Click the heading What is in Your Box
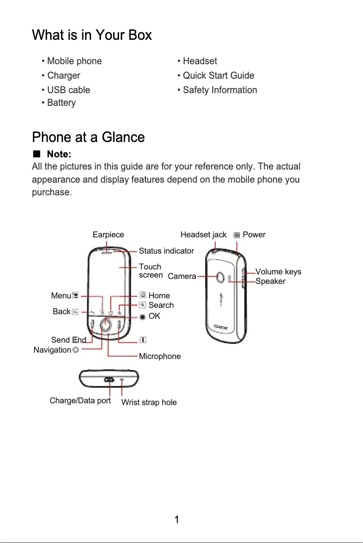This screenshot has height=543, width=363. click(x=92, y=35)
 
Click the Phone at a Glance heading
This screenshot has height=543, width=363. click(x=88, y=137)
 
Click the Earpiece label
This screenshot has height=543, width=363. click(x=108, y=235)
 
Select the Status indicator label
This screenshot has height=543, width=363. click(x=166, y=251)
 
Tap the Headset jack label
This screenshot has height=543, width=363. click(x=203, y=235)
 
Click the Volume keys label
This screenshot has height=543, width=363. click(x=278, y=272)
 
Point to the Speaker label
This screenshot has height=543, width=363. click(x=270, y=281)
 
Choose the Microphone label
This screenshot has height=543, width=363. click(x=159, y=356)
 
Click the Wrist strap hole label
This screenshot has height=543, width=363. click(x=149, y=402)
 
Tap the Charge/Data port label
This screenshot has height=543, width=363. click(x=80, y=401)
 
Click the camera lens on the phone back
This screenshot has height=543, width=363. click(x=221, y=277)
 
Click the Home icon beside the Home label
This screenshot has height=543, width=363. click(x=143, y=295)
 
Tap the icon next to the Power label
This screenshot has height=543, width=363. click(x=237, y=235)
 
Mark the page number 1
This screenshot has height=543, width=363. click(x=177, y=519)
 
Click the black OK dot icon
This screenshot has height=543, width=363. click(x=143, y=316)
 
